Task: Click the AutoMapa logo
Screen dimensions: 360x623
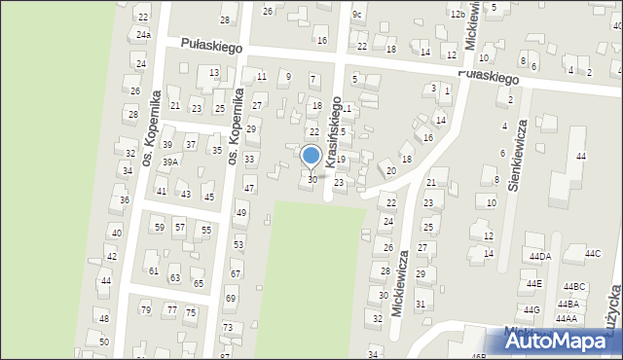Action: (x=560, y=341)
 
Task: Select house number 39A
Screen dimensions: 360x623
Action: (x=170, y=162)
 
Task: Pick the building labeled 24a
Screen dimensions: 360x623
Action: (x=143, y=35)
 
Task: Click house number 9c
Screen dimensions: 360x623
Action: (x=357, y=14)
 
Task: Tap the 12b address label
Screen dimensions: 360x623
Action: (x=458, y=15)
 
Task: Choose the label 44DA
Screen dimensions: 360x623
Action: (x=539, y=256)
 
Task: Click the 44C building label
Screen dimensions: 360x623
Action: (x=592, y=254)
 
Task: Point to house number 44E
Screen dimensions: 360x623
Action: (x=533, y=283)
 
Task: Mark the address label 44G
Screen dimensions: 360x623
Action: (x=531, y=309)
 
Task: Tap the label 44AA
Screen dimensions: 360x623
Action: (x=567, y=318)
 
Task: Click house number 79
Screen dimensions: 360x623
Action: (x=146, y=310)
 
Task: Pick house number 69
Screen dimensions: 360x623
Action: (x=231, y=298)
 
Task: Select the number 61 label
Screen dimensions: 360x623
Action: (x=153, y=270)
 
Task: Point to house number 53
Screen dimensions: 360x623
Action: (x=238, y=244)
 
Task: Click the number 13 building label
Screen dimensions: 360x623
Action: (x=214, y=73)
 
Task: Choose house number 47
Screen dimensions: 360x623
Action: (x=249, y=188)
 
